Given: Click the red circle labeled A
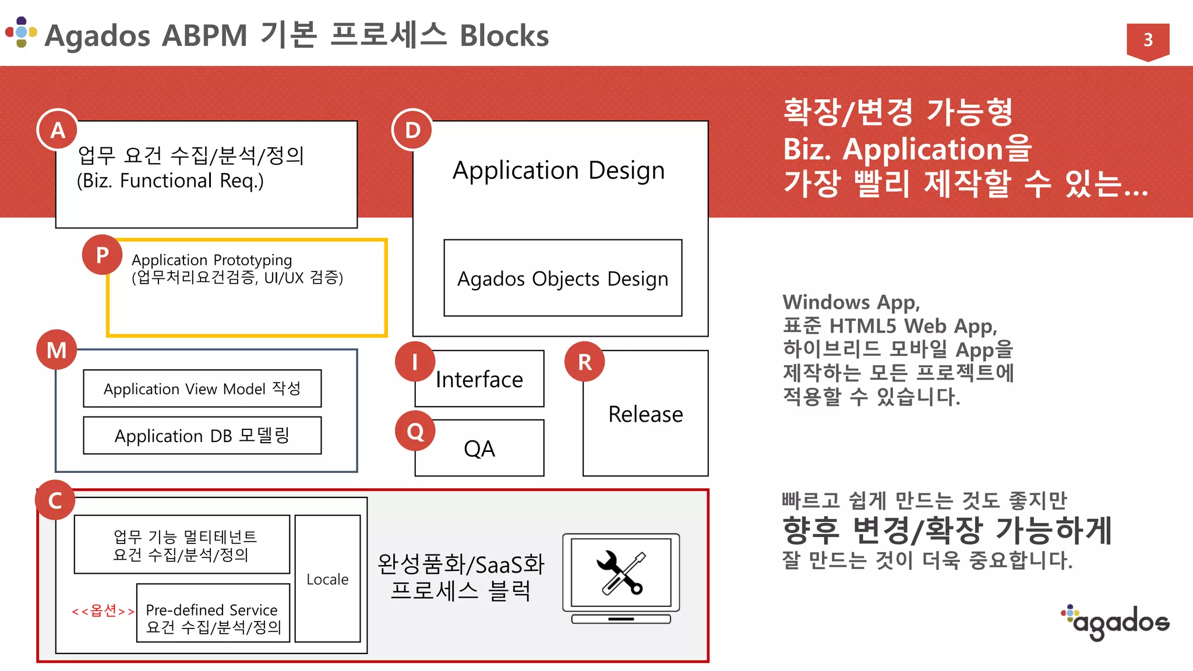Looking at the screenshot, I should [57, 129].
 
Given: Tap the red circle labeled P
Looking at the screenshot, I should [102, 255].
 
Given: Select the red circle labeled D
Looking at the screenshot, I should [412, 129].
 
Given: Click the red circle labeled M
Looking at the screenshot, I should [57, 349].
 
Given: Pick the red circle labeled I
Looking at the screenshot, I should [415, 361].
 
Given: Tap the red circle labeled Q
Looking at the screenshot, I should [415, 431].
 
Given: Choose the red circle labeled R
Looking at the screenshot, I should [584, 361].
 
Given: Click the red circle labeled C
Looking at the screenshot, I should [55, 500].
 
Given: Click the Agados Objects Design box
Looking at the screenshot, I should [562, 278].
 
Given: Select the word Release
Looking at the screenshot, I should [645, 414].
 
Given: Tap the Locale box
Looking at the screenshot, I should [327, 578].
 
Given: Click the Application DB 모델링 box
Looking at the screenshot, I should [202, 436].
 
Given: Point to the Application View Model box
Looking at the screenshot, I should [202, 389].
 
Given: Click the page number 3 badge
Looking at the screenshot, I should [1148, 40].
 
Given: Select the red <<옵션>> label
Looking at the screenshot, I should [103, 610].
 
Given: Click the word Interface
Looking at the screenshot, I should [479, 380].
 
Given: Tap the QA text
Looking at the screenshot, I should [479, 449].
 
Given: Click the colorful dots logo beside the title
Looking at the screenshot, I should [22, 32].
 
